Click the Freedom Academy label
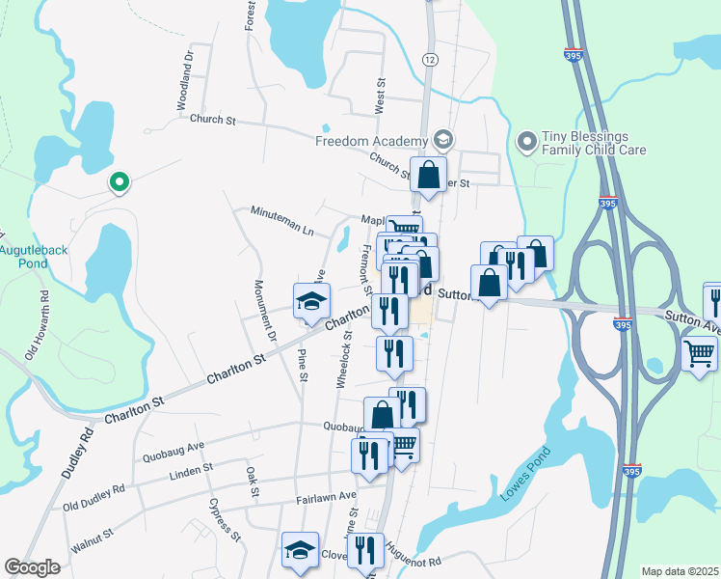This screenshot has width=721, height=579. coord(371,141)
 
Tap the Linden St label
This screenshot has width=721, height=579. coord(190,470)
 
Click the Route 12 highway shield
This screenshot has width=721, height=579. coord(429,60)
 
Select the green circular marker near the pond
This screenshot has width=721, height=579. coord(120,180)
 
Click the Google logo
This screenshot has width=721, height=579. coord(33,567)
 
